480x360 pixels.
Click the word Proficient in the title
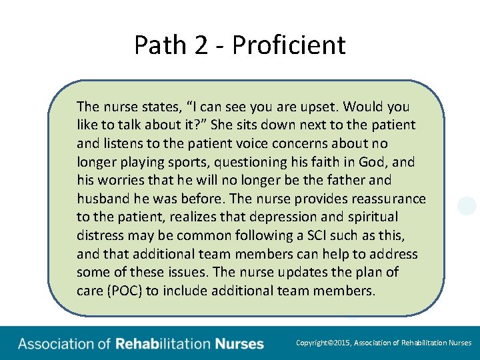[x=289, y=45]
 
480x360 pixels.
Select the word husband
[x=100, y=199]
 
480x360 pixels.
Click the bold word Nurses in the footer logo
[x=239, y=344]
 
